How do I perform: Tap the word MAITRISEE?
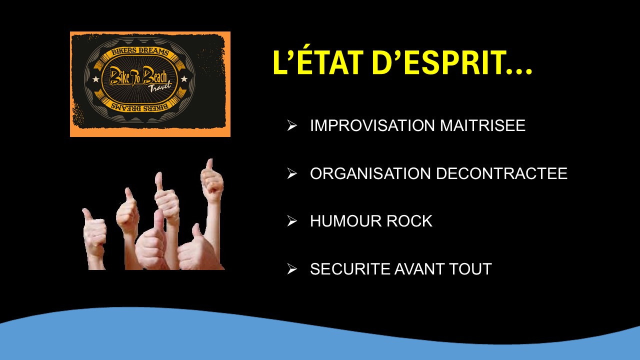coord(482,125)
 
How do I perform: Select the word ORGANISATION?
coord(370,173)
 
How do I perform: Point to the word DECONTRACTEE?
coord(501,173)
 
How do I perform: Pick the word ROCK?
coord(409,221)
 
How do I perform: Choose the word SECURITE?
coord(350,269)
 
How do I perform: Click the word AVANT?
coord(419,269)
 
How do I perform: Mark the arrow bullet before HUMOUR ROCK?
coord(292,221)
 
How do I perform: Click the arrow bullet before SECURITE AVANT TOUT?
coord(292,269)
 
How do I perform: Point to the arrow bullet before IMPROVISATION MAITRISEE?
coord(292,125)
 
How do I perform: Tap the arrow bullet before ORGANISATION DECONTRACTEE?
coord(292,173)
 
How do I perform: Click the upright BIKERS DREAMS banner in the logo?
coord(140,52)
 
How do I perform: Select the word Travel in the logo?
coord(160,86)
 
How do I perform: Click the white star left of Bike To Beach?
coord(95,79)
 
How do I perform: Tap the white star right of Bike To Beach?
coord(184,78)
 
